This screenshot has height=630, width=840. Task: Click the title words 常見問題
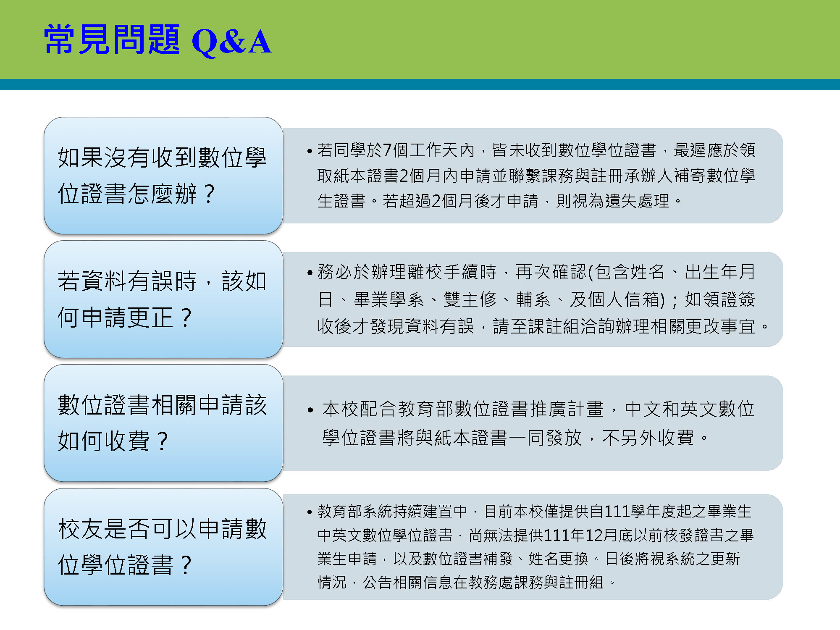pyautogui.click(x=112, y=39)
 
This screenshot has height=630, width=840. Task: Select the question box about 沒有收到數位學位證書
pyautogui.click(x=163, y=176)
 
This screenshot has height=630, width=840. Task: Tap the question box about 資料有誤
pyautogui.click(x=163, y=299)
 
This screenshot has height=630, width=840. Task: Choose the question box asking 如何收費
pyautogui.click(x=163, y=423)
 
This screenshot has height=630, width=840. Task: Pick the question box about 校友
pyautogui.click(x=163, y=547)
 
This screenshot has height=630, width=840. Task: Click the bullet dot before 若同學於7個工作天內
pyautogui.click(x=310, y=151)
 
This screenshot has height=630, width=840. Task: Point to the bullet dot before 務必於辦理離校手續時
pyautogui.click(x=310, y=273)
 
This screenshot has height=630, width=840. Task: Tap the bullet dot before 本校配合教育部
pyautogui.click(x=310, y=410)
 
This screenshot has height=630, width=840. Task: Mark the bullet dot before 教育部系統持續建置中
pyautogui.click(x=310, y=512)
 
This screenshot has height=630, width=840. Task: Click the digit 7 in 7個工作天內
pyautogui.click(x=387, y=150)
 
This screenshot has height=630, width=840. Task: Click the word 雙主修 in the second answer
pyautogui.click(x=470, y=299)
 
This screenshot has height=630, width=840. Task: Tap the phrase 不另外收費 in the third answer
pyautogui.click(x=648, y=438)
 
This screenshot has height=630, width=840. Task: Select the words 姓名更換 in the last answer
pyautogui.click(x=559, y=559)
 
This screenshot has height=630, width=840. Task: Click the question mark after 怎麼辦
pyautogui.click(x=209, y=194)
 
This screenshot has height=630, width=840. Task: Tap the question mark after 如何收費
pyautogui.click(x=162, y=441)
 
